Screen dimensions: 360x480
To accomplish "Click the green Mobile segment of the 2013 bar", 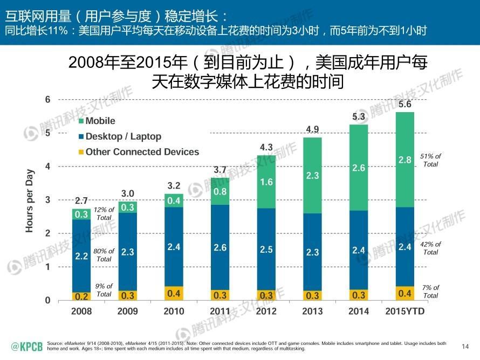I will click(x=312, y=175).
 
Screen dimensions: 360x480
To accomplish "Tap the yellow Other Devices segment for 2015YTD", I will click(x=404, y=293).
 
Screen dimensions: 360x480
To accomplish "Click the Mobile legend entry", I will click(x=100, y=121).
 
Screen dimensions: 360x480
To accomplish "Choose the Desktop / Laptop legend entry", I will click(x=123, y=136).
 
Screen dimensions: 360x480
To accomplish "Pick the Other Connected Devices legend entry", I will click(x=142, y=152).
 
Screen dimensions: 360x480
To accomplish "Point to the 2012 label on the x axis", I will click(x=266, y=311).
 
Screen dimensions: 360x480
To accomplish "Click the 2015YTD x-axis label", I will click(x=404, y=311).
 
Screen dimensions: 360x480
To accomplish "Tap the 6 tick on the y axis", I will click(x=48, y=99).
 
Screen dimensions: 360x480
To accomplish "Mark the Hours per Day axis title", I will click(x=30, y=200).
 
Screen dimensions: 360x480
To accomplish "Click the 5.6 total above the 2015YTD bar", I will click(x=404, y=105).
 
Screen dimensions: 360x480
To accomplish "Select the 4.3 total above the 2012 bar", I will click(x=266, y=147).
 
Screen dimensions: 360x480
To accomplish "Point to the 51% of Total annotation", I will click(x=430, y=160).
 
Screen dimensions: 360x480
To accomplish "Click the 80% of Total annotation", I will click(x=104, y=255).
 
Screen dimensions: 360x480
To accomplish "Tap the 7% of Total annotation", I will click(x=430, y=292).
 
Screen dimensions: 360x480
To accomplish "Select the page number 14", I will click(x=466, y=345).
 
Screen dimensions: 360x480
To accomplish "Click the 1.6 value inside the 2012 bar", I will click(x=266, y=182).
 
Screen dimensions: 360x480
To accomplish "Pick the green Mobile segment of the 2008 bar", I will click(x=81, y=214).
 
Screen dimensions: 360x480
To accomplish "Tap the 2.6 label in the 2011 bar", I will click(x=220, y=248).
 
